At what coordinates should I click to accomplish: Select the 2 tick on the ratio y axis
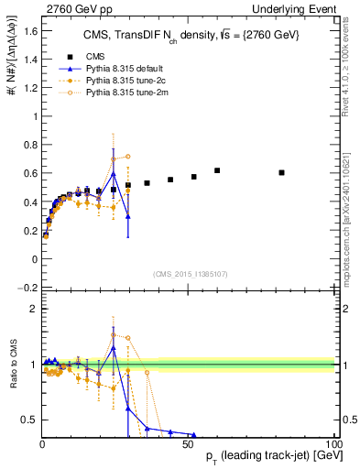33,309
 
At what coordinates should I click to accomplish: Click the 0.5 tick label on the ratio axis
29,420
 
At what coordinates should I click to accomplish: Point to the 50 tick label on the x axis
188,444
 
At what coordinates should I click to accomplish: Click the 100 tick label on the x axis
333,444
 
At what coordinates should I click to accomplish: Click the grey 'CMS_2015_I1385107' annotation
189,273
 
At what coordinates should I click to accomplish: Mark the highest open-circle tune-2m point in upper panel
128,157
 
